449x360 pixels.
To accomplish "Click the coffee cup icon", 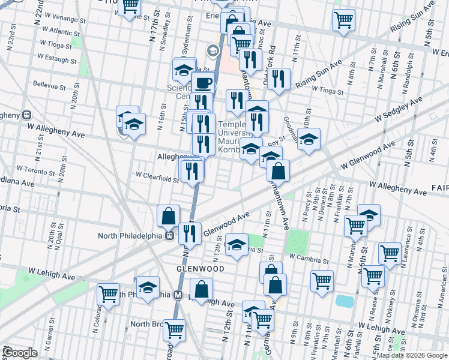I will tap(202, 82).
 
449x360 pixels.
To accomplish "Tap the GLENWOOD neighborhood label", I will tap(200, 269).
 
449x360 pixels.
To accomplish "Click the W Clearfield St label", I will tap(157, 178).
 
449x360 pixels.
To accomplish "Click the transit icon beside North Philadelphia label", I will tap(170, 235).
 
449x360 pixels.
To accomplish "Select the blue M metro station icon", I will tap(178, 295).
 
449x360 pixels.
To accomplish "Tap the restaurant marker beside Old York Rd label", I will tap(278, 79).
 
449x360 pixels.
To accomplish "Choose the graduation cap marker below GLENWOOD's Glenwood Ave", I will tap(237, 244).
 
